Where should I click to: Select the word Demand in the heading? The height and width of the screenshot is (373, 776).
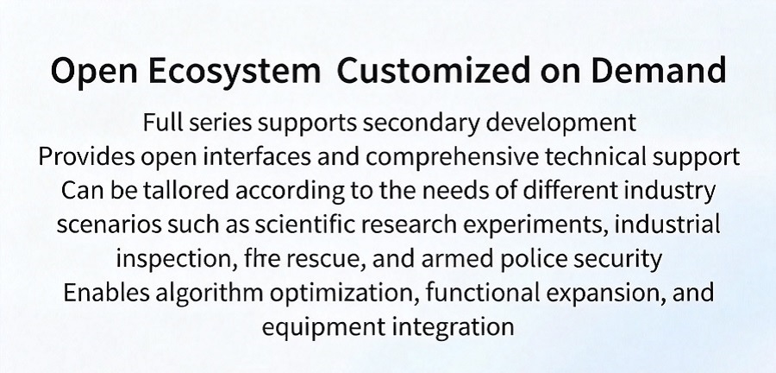point(658,70)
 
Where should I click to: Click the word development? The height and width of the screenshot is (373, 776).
point(560,123)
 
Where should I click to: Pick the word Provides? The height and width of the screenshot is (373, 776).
point(86,157)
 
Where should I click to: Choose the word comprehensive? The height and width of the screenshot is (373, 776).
point(453,157)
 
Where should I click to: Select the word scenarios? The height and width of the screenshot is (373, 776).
point(109,225)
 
